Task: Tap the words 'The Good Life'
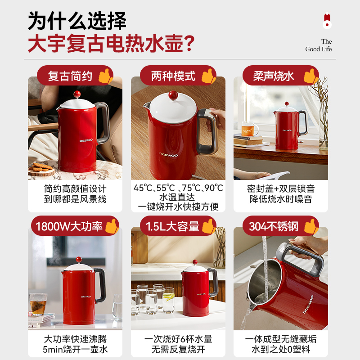point(319,45)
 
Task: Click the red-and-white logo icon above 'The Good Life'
point(327,21)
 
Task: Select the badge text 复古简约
point(70,76)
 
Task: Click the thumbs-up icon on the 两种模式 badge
point(208,76)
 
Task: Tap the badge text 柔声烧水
point(274,76)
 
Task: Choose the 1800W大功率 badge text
point(69,226)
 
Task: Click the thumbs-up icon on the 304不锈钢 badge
point(311,226)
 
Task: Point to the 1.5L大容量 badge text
point(172,226)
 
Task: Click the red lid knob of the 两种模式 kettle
point(173,95)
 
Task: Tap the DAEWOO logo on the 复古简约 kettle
point(86,140)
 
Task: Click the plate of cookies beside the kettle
point(41,169)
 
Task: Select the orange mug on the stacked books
point(249,129)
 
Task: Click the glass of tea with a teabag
point(38,304)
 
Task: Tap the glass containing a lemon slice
point(169,300)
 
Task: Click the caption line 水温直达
point(177,198)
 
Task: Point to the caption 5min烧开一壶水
point(75,350)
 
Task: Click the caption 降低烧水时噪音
point(281,199)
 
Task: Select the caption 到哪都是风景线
point(75,199)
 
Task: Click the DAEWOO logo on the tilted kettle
point(308,305)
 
